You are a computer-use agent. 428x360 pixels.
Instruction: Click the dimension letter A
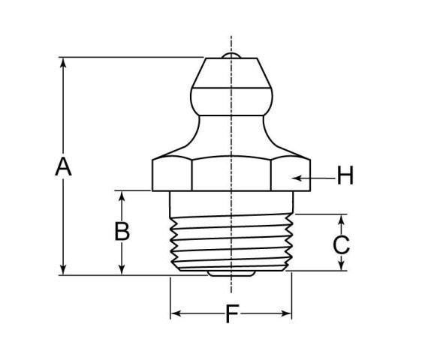click(63, 166)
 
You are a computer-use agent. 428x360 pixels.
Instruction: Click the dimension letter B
click(122, 231)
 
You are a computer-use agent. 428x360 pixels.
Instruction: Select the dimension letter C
click(341, 244)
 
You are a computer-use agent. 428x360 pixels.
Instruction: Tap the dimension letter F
click(231, 314)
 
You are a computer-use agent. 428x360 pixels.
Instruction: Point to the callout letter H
click(345, 176)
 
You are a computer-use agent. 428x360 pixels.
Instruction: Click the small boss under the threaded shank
click(231, 273)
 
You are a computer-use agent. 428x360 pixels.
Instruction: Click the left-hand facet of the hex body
click(171, 174)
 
